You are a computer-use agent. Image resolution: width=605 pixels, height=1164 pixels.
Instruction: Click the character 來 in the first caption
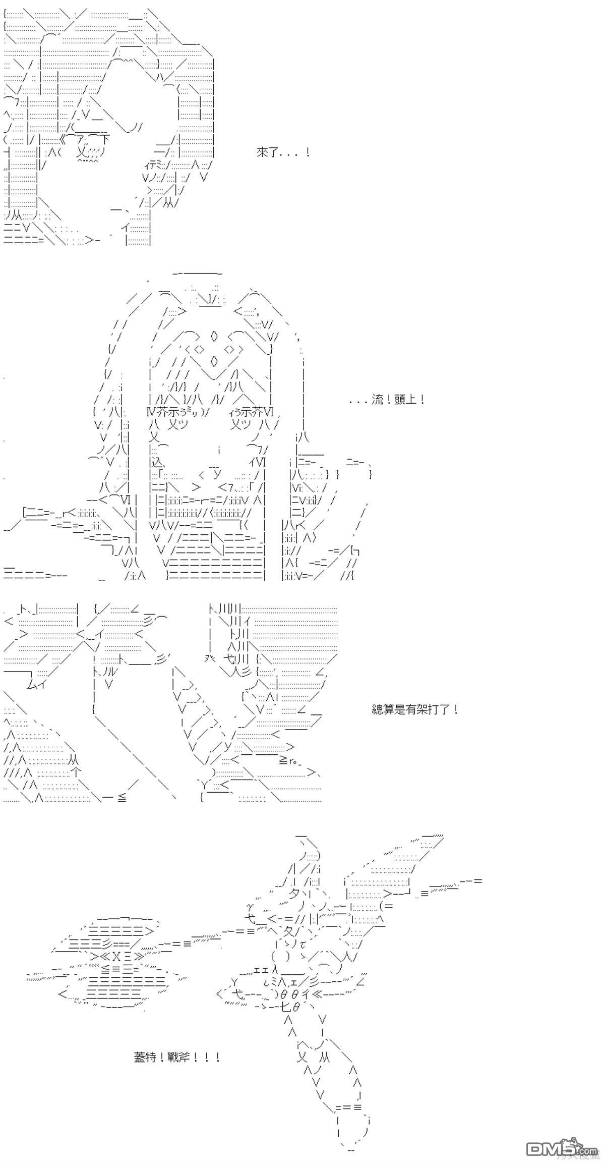262,152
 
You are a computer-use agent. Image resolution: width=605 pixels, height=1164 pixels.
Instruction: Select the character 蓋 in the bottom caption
140,1057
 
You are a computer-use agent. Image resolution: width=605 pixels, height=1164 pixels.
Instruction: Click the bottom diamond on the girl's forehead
213,361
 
